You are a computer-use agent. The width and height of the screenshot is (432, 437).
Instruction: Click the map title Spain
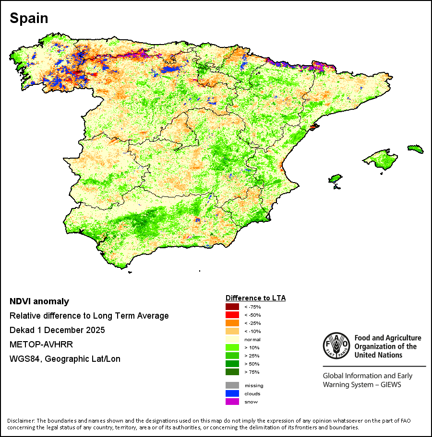[29, 18]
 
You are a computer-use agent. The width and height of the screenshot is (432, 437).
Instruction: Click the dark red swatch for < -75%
[232, 307]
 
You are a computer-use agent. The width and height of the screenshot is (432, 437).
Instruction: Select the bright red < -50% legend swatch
[232, 315]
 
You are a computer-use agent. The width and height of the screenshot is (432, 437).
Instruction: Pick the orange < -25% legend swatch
[232, 323]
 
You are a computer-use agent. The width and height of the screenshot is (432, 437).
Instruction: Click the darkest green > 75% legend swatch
[232, 372]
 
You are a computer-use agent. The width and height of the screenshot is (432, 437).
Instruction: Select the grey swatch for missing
[232, 385]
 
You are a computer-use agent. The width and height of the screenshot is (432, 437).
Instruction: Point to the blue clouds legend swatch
[232, 393]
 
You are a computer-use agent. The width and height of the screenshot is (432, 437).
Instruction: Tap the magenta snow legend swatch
[232, 402]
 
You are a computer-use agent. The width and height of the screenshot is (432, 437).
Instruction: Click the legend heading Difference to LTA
[255, 298]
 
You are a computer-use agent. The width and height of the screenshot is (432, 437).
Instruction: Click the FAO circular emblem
[336, 345]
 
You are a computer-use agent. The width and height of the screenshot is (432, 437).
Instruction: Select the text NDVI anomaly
[39, 301]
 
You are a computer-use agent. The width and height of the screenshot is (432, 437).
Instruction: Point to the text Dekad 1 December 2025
[57, 330]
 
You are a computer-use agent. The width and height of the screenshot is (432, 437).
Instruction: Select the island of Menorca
[416, 149]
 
